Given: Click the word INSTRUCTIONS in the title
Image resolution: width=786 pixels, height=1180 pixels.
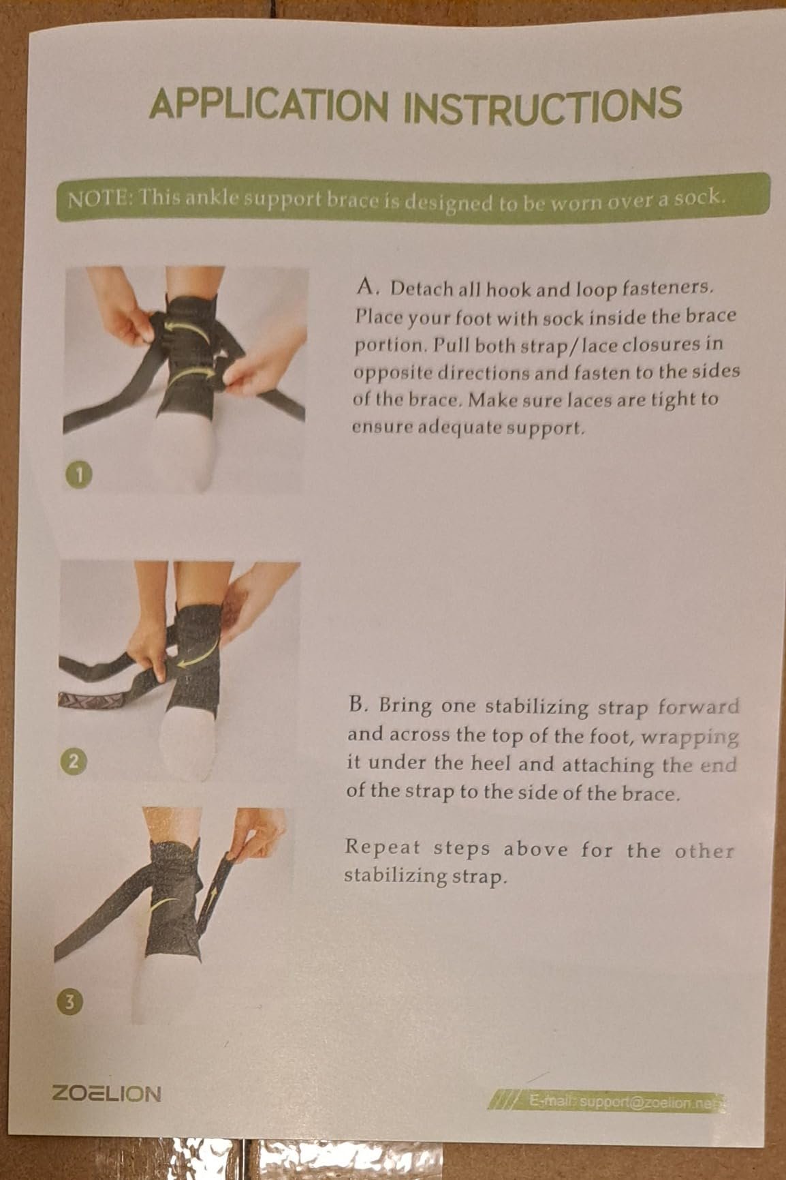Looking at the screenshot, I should click(542, 104).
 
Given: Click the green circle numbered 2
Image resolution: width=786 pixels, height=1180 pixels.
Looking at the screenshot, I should click(76, 761).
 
